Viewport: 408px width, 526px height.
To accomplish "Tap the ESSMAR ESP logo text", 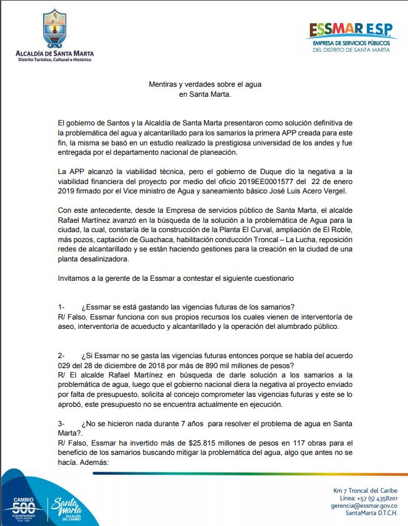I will (x=351, y=30).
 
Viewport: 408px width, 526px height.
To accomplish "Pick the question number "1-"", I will (x=61, y=306).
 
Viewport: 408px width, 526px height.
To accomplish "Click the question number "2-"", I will (x=61, y=355).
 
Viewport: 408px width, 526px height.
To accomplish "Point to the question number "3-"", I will (x=61, y=424).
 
